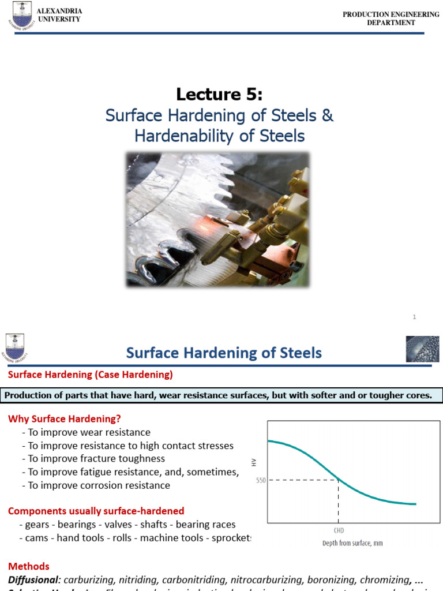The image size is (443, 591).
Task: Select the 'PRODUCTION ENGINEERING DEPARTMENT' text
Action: pyautogui.click(x=391, y=18)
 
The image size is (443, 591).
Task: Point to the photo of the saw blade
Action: pyautogui.click(x=217, y=219)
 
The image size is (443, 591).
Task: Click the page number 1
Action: pyautogui.click(x=414, y=317)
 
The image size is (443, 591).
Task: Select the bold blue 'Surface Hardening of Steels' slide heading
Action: pyautogui.click(x=224, y=353)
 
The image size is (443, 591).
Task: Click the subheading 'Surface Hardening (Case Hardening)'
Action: pyautogui.click(x=89, y=375)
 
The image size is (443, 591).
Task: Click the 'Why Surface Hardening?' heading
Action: pyautogui.click(x=64, y=418)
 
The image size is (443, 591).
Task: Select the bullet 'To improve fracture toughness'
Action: pyautogui.click(x=96, y=458)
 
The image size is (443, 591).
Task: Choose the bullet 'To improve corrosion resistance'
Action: pyautogui.click(x=99, y=485)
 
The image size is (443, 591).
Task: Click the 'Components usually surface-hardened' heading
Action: pyautogui.click(x=96, y=510)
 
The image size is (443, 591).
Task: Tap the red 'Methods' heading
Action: pyautogui.click(x=28, y=566)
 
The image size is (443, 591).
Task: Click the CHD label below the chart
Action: pyautogui.click(x=339, y=530)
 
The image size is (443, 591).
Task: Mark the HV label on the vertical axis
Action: pyautogui.click(x=254, y=461)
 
